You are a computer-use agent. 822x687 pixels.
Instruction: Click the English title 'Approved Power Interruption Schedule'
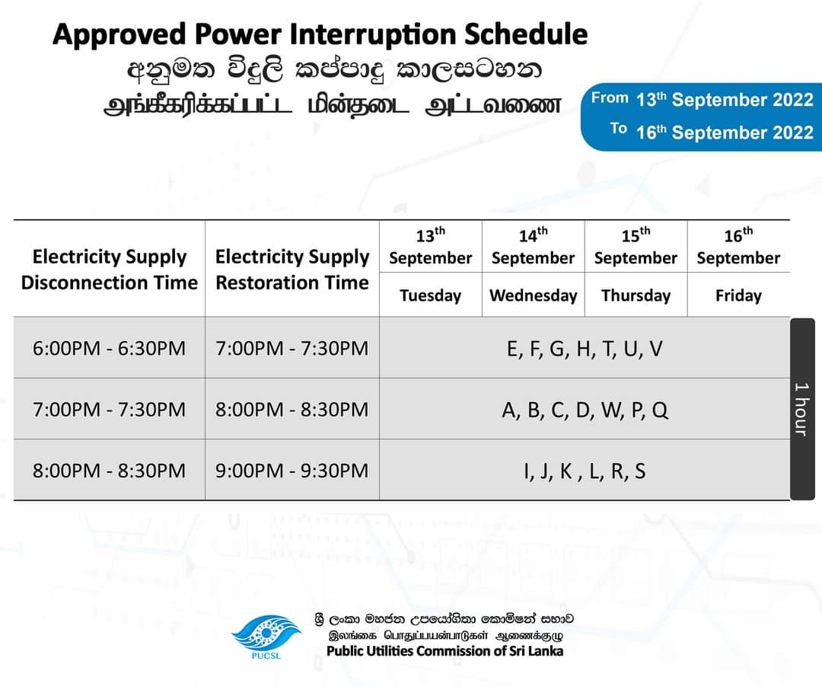tap(320, 35)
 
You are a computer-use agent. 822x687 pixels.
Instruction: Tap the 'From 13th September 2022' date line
tap(702, 99)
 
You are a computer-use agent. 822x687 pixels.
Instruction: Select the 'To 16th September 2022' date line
tap(712, 132)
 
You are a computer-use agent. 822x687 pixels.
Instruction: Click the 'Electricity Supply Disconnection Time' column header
tap(110, 270)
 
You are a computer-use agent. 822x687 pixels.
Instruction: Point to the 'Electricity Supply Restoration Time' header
tap(292, 270)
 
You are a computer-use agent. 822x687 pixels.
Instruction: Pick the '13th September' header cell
tap(430, 247)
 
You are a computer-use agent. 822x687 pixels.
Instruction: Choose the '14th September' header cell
tap(533, 247)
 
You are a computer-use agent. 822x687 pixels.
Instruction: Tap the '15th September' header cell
tap(636, 247)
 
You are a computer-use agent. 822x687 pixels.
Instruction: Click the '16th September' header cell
tap(738, 247)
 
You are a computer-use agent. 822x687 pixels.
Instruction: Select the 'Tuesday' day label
tap(430, 296)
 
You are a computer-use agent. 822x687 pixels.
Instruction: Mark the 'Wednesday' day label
tap(533, 296)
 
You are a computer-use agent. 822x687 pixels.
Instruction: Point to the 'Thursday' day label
tap(636, 296)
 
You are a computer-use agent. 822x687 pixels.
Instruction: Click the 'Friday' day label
tap(738, 296)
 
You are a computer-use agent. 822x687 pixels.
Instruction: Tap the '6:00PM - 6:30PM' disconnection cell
tap(109, 348)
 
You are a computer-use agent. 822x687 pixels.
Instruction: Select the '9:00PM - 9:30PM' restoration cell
tap(292, 471)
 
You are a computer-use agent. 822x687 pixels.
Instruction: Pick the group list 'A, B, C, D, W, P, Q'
tap(585, 410)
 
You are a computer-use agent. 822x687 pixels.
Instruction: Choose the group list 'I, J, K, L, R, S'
tap(585, 471)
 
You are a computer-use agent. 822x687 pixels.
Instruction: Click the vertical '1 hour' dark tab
tap(802, 409)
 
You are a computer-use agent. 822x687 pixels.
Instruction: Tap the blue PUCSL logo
tap(266, 637)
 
